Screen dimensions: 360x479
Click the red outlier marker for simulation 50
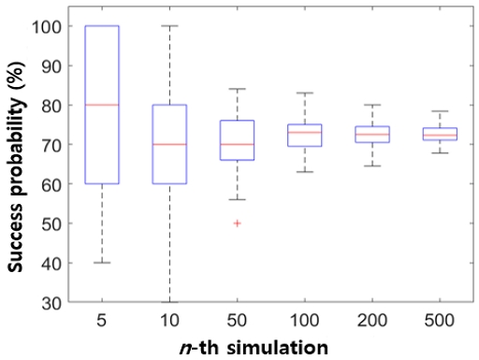[237, 223]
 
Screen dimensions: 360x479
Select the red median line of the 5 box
[102, 105]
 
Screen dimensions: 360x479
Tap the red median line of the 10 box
[169, 144]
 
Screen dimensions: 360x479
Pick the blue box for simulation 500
[439, 134]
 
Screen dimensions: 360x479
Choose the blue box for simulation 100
[304, 135]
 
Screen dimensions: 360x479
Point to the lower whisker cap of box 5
[102, 263]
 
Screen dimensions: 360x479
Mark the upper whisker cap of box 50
[237, 89]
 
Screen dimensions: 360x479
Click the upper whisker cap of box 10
[169, 26]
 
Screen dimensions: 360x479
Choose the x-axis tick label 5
[102, 320]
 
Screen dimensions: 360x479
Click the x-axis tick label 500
[439, 320]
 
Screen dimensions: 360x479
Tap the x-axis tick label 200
[371, 320]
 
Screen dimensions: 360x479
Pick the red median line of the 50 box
[237, 144]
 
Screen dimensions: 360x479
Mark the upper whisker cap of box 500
[439, 111]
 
